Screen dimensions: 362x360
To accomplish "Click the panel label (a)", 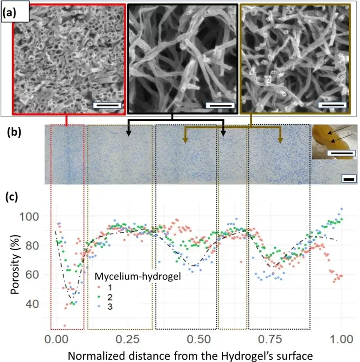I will click(x=10, y=14).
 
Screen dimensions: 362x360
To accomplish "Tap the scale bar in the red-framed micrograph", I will click(x=107, y=105).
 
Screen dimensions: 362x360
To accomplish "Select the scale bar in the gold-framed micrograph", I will click(x=333, y=105).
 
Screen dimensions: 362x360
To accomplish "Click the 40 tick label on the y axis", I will click(x=38, y=304).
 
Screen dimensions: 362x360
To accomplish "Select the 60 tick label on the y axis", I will click(x=38, y=275).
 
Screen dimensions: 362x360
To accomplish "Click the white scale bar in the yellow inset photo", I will click(x=341, y=153).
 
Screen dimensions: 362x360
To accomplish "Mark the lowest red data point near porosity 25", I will click(x=64, y=326).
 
